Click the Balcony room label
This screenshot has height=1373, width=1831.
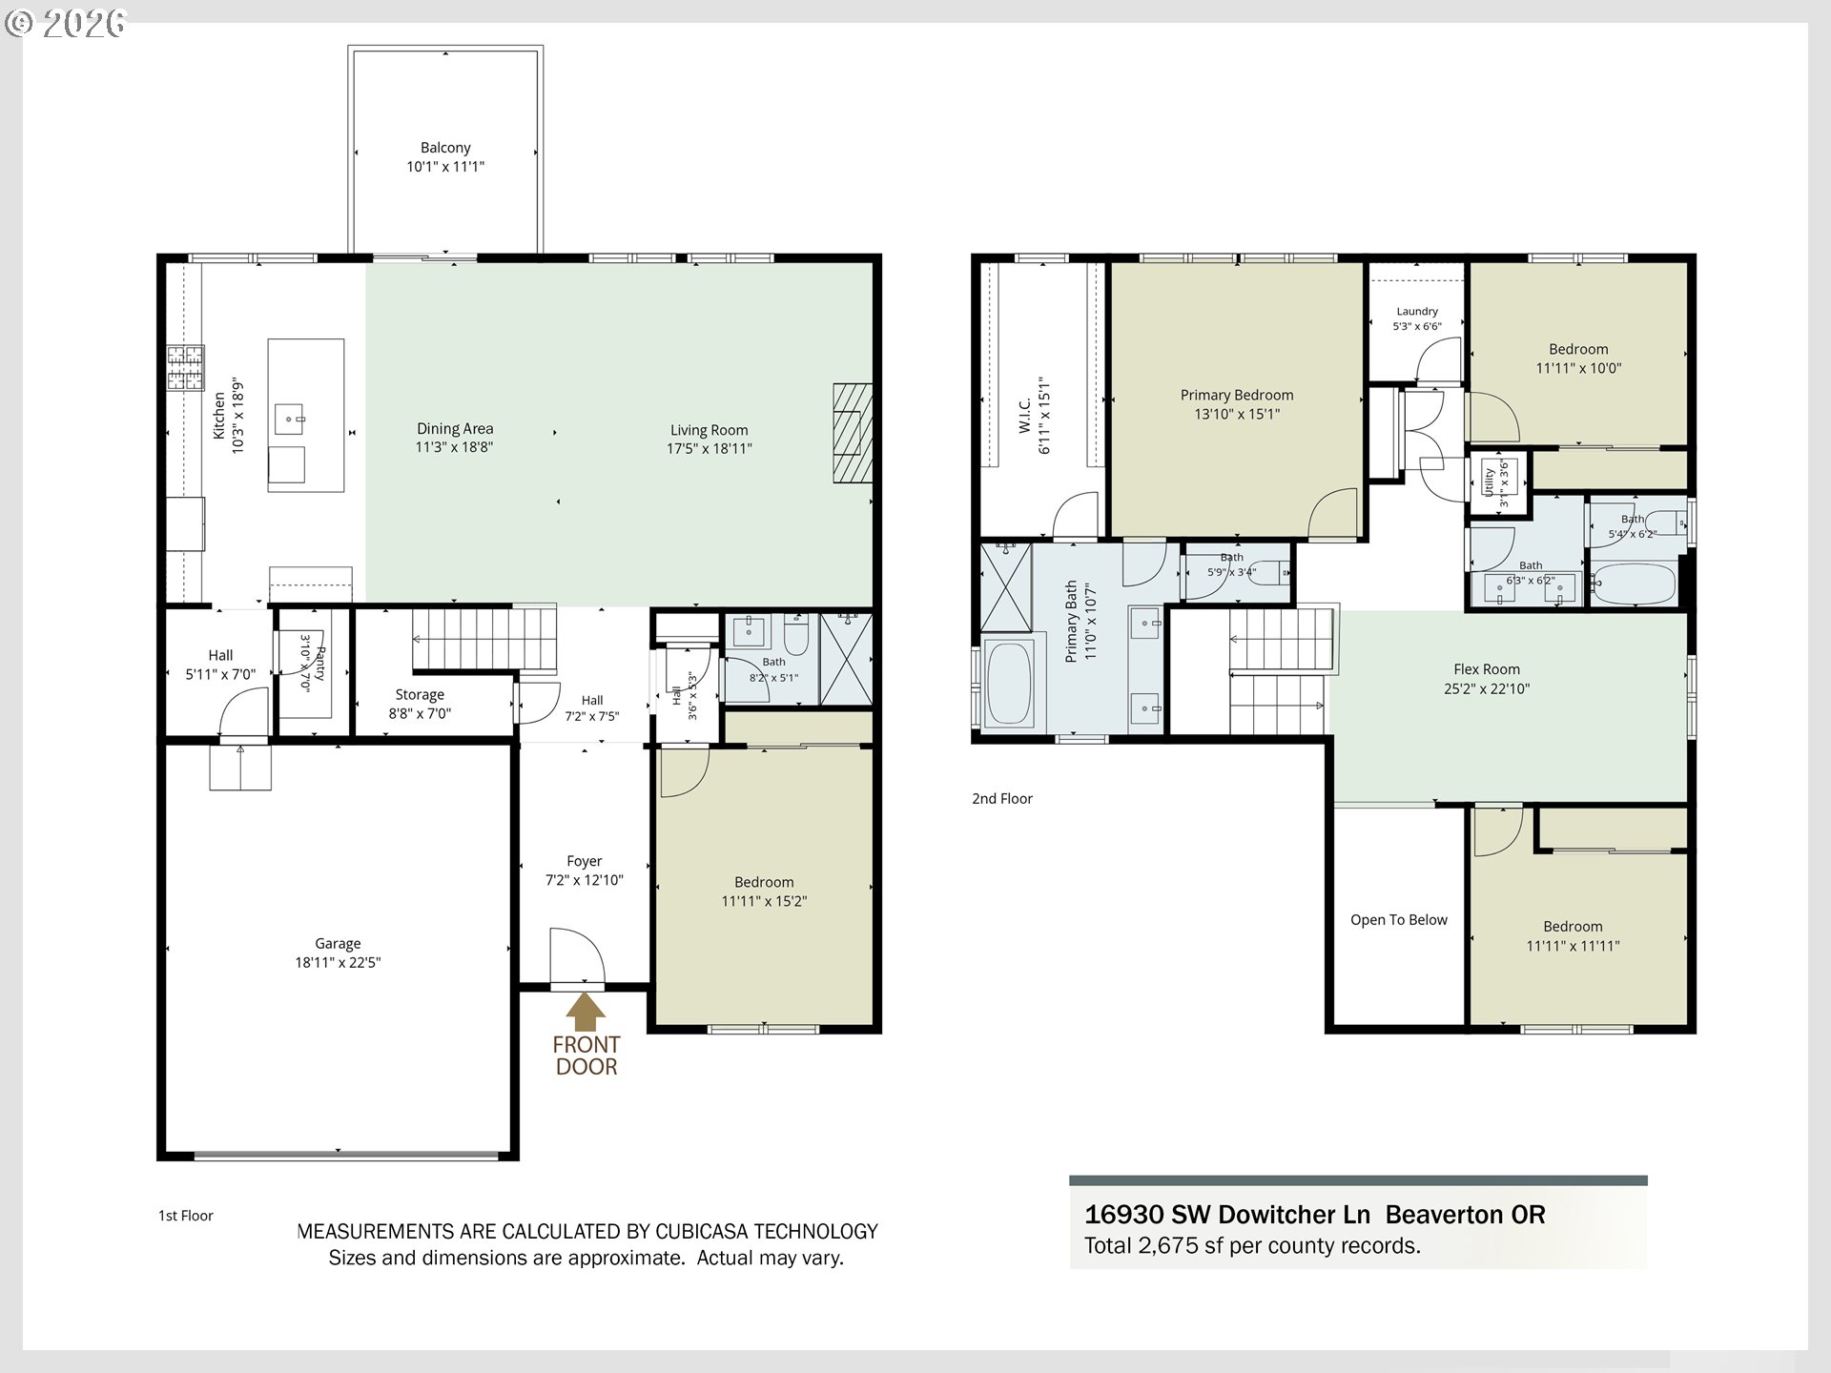tap(445, 148)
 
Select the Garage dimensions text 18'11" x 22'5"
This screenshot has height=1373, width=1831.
tap(338, 963)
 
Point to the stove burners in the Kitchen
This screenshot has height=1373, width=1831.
tap(186, 368)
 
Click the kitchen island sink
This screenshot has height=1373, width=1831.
tap(289, 419)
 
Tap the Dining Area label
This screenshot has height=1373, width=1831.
tap(455, 429)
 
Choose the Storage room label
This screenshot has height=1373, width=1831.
tap(420, 695)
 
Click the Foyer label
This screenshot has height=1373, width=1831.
tap(585, 861)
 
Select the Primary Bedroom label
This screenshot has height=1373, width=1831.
tap(1237, 396)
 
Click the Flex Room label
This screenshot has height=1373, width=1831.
tap(1487, 669)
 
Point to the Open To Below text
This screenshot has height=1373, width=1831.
tap(1399, 920)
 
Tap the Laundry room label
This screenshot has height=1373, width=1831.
tap(1417, 312)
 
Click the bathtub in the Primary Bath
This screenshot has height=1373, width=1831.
tap(1007, 683)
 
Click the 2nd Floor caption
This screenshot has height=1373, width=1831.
tap(1002, 799)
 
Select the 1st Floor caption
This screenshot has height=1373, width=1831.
tap(186, 1216)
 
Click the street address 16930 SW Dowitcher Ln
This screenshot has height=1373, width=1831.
tap(1227, 1215)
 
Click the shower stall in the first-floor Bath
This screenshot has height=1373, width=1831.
tap(846, 660)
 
